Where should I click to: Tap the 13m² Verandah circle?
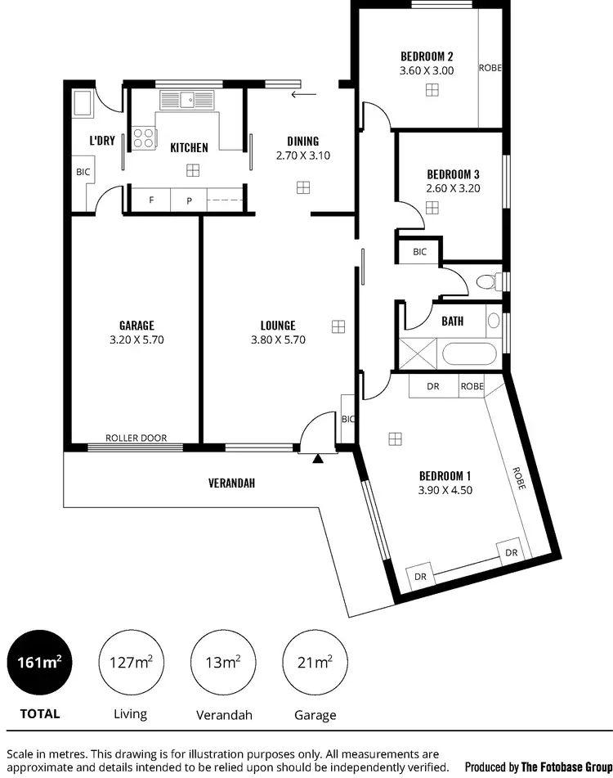click(222, 662)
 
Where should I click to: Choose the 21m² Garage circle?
click(315, 662)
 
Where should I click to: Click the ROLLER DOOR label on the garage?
click(136, 438)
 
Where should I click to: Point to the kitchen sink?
click(186, 101)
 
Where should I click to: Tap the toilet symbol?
click(487, 283)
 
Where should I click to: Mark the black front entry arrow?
click(318, 458)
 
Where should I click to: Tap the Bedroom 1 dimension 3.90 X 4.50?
click(445, 491)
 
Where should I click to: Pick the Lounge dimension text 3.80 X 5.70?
click(278, 340)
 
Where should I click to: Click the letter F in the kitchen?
click(151, 200)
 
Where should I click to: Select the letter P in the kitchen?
click(188, 200)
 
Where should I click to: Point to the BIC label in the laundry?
click(83, 173)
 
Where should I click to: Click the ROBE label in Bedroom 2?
click(490, 68)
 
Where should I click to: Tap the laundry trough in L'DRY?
click(83, 104)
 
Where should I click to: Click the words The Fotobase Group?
click(564, 767)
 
